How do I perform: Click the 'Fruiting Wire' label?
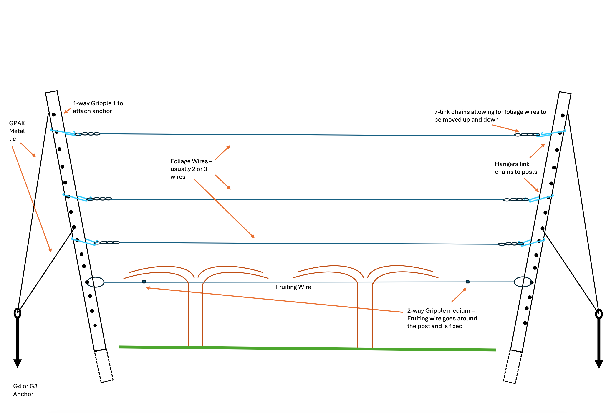coord(293,287)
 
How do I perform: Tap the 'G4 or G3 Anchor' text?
coord(25,390)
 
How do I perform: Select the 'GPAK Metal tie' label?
coord(17,131)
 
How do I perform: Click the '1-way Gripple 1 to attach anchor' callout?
coord(98,107)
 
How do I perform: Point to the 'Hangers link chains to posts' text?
coord(516,168)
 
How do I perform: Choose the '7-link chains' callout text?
coord(490,116)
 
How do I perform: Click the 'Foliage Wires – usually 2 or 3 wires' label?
coord(191,169)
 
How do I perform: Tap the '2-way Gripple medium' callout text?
coord(442,318)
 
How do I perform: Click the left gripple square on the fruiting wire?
coord(144,282)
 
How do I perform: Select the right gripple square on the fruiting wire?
coord(467,282)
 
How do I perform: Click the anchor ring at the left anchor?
coord(17,313)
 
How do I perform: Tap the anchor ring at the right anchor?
coord(599,314)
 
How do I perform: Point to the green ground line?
coord(307,348)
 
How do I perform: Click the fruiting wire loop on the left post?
coord(96,282)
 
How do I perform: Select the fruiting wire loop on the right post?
coord(523,282)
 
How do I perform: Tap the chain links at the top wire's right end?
coord(527,135)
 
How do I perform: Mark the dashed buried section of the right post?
coord(512,367)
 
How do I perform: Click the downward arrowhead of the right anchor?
coord(599,364)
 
